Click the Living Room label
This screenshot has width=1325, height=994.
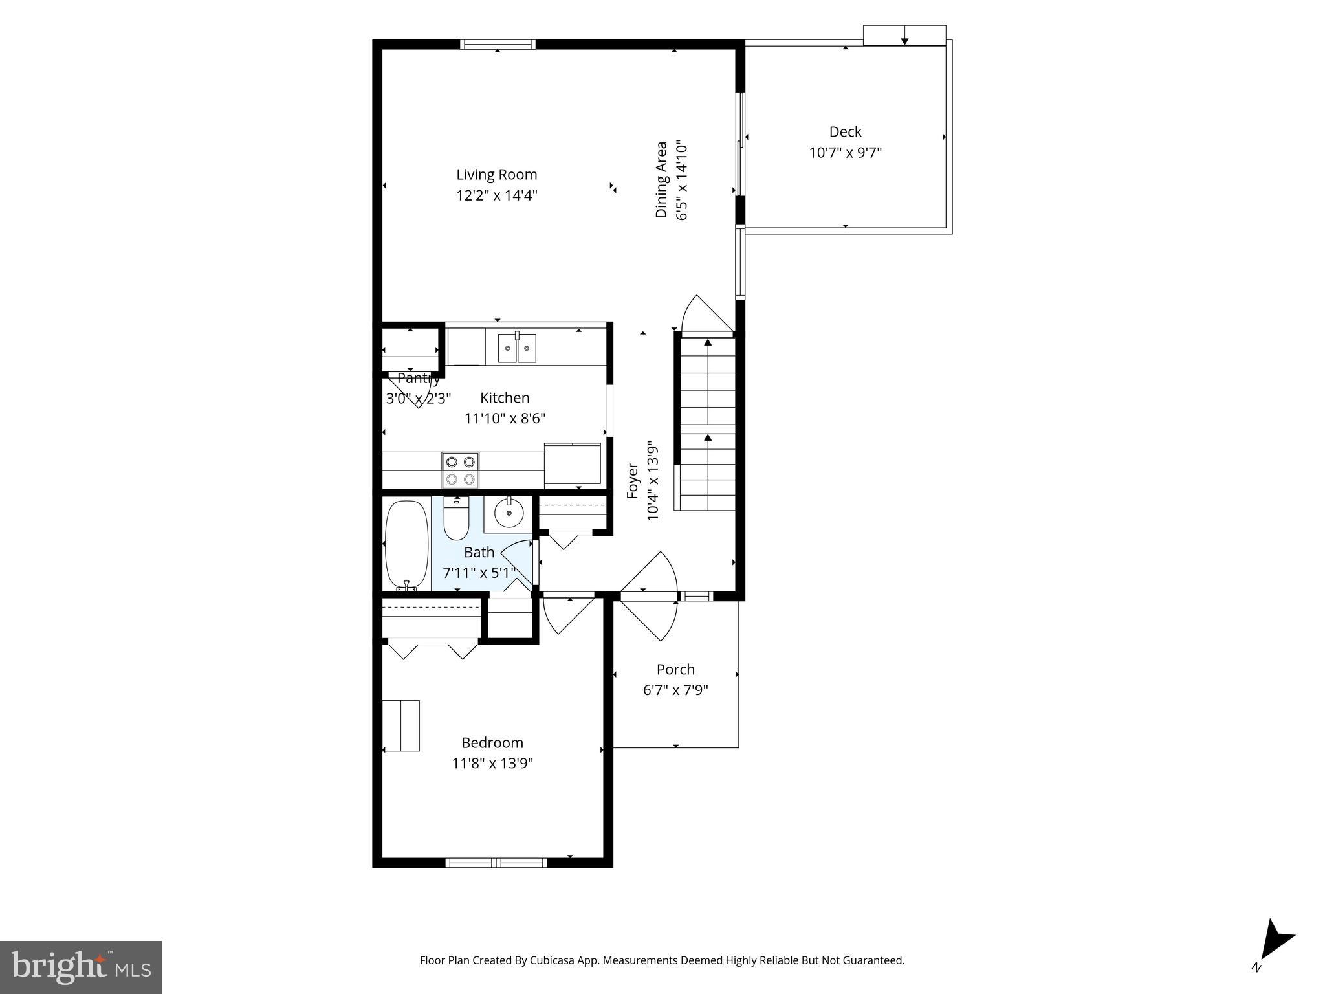[496, 175]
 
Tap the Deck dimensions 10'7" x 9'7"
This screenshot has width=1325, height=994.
[845, 153]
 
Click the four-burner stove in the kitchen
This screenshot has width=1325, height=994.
[460, 470]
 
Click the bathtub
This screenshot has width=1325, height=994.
[406, 544]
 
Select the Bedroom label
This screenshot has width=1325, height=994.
[492, 742]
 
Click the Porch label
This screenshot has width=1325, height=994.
[675, 669]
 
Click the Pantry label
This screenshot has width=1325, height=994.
[418, 379]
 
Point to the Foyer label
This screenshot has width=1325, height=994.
[633, 481]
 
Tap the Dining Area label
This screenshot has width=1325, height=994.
[661, 180]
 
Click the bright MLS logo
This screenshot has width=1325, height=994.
[81, 967]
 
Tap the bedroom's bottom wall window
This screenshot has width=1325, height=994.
[496, 862]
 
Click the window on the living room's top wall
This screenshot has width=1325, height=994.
[497, 45]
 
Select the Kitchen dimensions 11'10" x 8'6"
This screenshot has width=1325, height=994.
[505, 419]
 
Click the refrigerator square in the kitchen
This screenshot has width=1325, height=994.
[573, 464]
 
